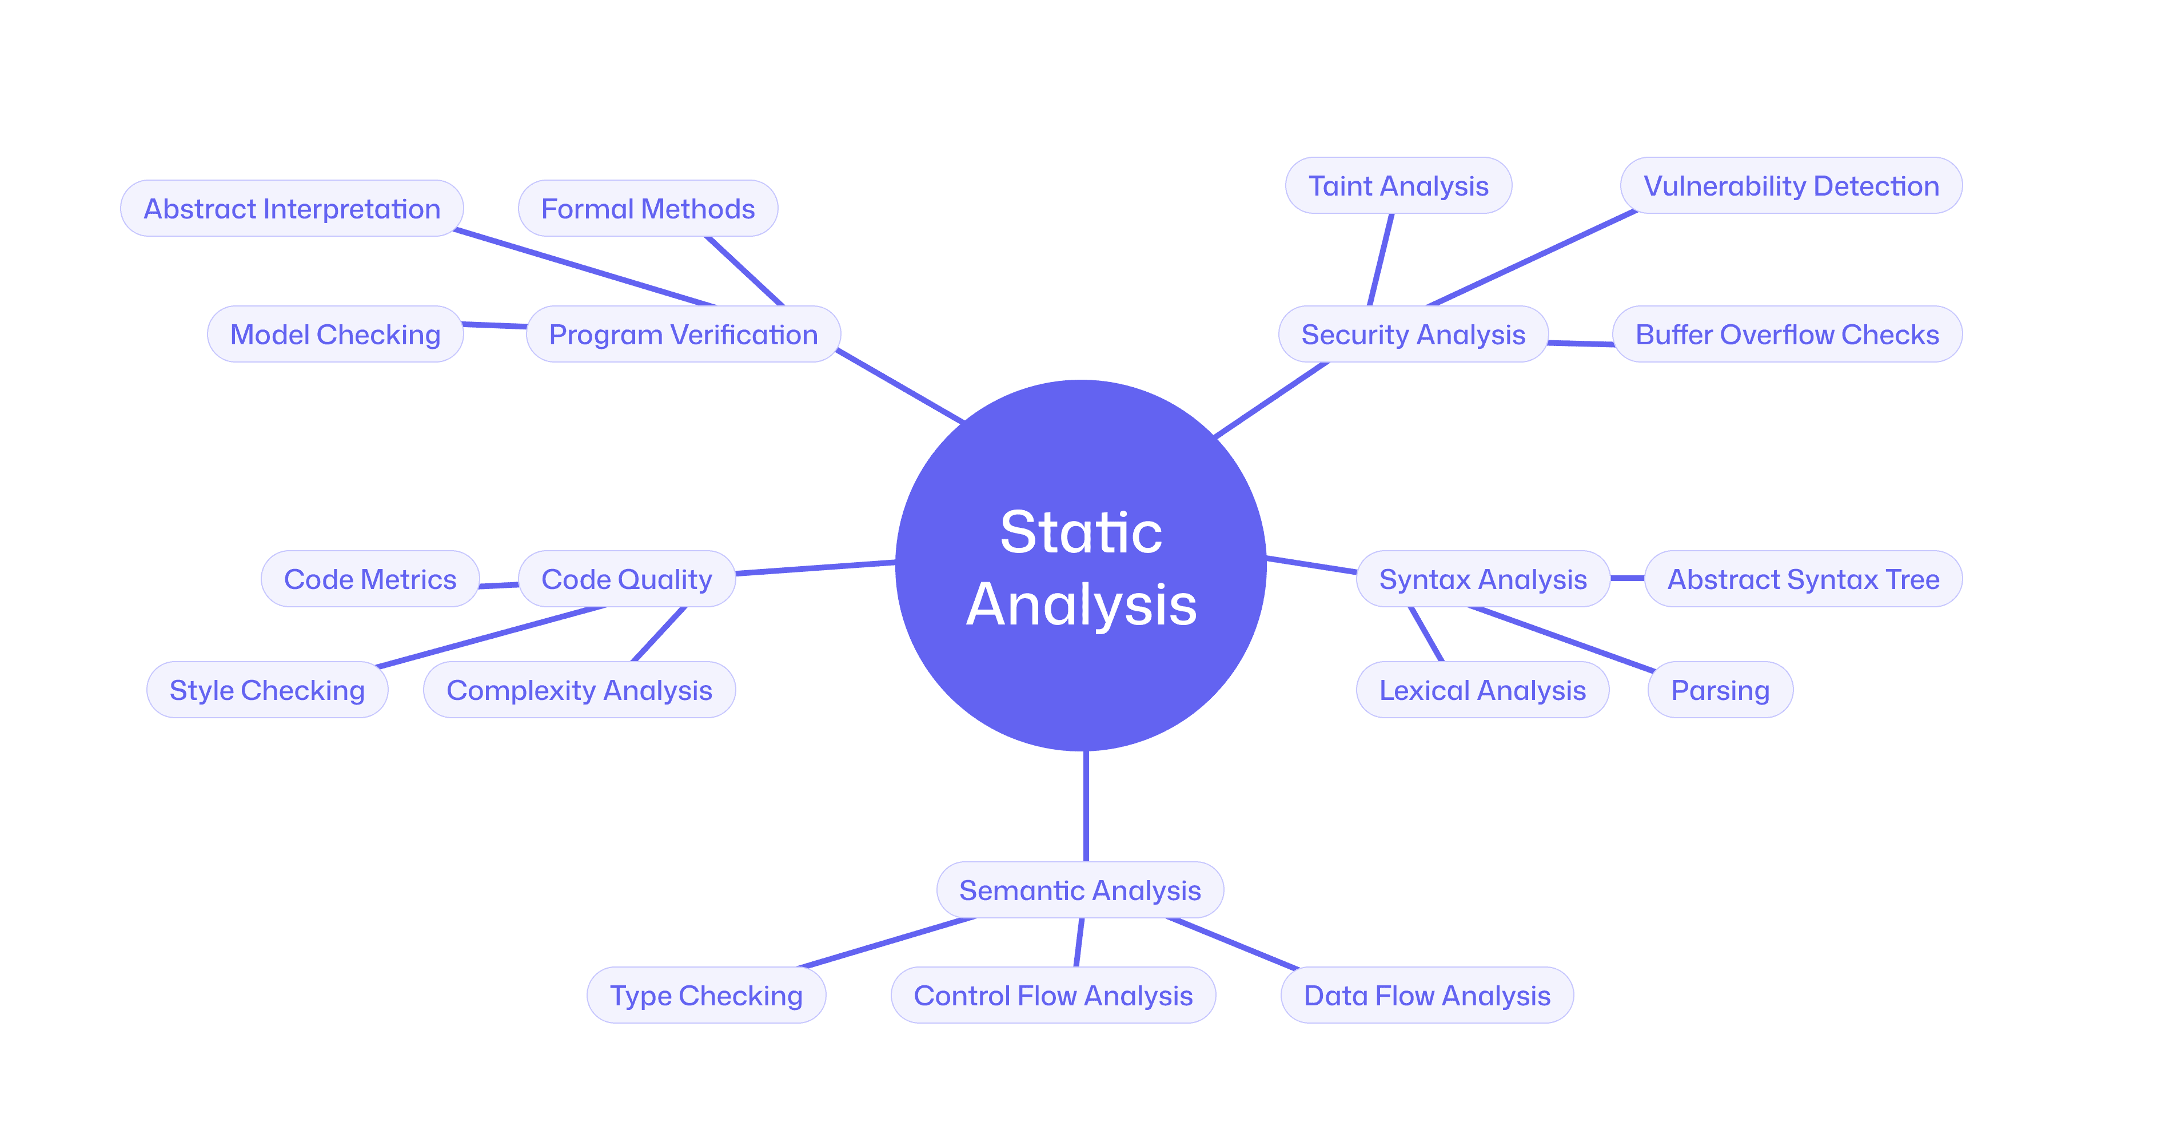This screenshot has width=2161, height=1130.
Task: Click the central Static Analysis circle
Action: [1080, 566]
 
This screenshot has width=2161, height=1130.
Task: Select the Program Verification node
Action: [683, 334]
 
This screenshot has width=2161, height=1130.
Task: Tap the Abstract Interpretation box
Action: [292, 208]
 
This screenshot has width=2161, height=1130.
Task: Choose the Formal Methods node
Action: [648, 208]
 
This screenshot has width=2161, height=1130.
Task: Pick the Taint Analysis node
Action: [1398, 185]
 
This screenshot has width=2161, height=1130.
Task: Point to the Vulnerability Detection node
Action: [1791, 185]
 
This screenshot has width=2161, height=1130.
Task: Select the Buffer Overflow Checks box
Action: [1787, 334]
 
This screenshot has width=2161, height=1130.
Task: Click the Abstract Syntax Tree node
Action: [1803, 579]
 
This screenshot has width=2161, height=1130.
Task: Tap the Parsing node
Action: [1720, 690]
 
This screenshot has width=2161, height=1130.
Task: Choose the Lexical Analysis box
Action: [1482, 690]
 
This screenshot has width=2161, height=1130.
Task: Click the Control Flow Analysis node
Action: [1053, 995]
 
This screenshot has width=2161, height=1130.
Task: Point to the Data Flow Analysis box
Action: [1427, 995]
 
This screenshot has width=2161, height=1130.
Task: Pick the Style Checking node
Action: [267, 690]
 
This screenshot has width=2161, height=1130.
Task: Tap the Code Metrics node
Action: [370, 579]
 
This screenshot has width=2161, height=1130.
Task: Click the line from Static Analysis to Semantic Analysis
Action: [1086, 805]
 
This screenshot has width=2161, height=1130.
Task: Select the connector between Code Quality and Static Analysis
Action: [815, 568]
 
